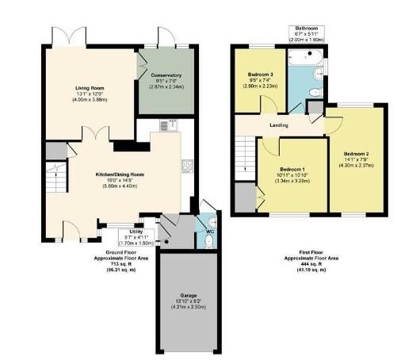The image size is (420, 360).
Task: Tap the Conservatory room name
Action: (x=167, y=75)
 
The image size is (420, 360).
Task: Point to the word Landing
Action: (x=277, y=125)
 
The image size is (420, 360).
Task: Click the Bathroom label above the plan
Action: (x=304, y=26)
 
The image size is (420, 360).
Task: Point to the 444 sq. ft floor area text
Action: (x=310, y=264)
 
